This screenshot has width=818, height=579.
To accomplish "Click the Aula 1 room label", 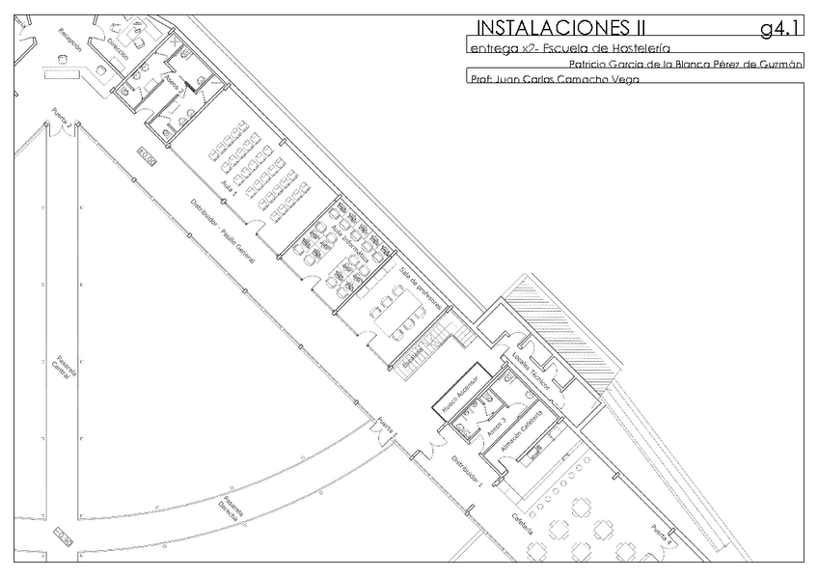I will tap(229, 184).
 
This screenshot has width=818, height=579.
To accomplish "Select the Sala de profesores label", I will tap(421, 291).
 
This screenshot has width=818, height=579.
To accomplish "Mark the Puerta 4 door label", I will tap(661, 535).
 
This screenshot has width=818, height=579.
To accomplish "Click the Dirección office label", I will tap(119, 50).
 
